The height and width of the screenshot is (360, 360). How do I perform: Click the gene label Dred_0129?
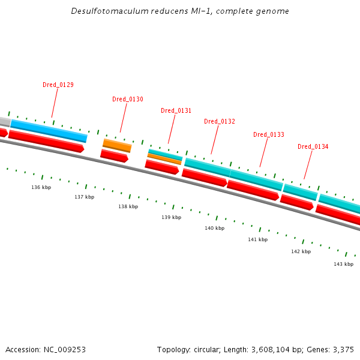click(58, 85)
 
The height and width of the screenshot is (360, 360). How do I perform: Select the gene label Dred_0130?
click(128, 99)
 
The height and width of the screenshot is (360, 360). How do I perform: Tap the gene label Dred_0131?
click(176, 110)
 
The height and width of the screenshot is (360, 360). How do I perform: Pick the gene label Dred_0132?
click(220, 121)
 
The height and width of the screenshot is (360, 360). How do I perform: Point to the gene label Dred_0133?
click(269, 134)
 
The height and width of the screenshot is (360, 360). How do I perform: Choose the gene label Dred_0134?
click(313, 146)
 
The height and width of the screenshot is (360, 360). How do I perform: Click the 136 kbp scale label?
click(41, 187)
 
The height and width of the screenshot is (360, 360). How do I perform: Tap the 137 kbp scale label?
click(85, 197)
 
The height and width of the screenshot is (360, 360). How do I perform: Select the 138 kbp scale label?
click(128, 206)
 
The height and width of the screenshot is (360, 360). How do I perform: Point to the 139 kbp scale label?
click(171, 217)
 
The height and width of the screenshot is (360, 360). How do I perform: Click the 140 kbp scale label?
click(214, 228)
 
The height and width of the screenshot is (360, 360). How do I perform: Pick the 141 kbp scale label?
click(257, 239)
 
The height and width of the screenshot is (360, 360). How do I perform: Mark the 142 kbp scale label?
click(301, 251)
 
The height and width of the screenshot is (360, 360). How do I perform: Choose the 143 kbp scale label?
click(344, 264)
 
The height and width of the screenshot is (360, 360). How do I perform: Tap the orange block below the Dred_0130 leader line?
click(117, 145)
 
